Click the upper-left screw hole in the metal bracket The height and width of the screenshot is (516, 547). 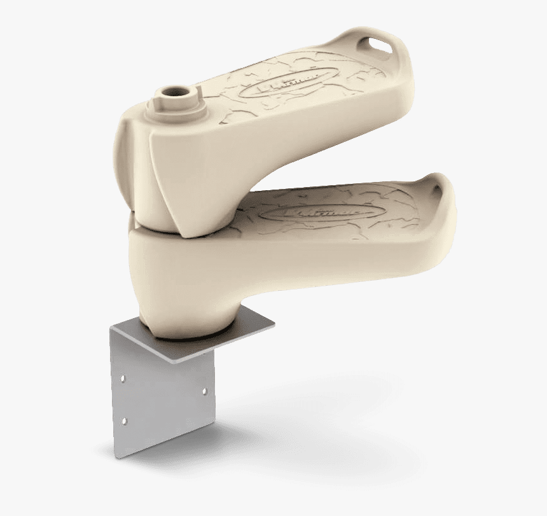pyautogui.click(x=123, y=378)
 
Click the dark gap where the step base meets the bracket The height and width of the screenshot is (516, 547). pyautogui.click(x=191, y=338)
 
